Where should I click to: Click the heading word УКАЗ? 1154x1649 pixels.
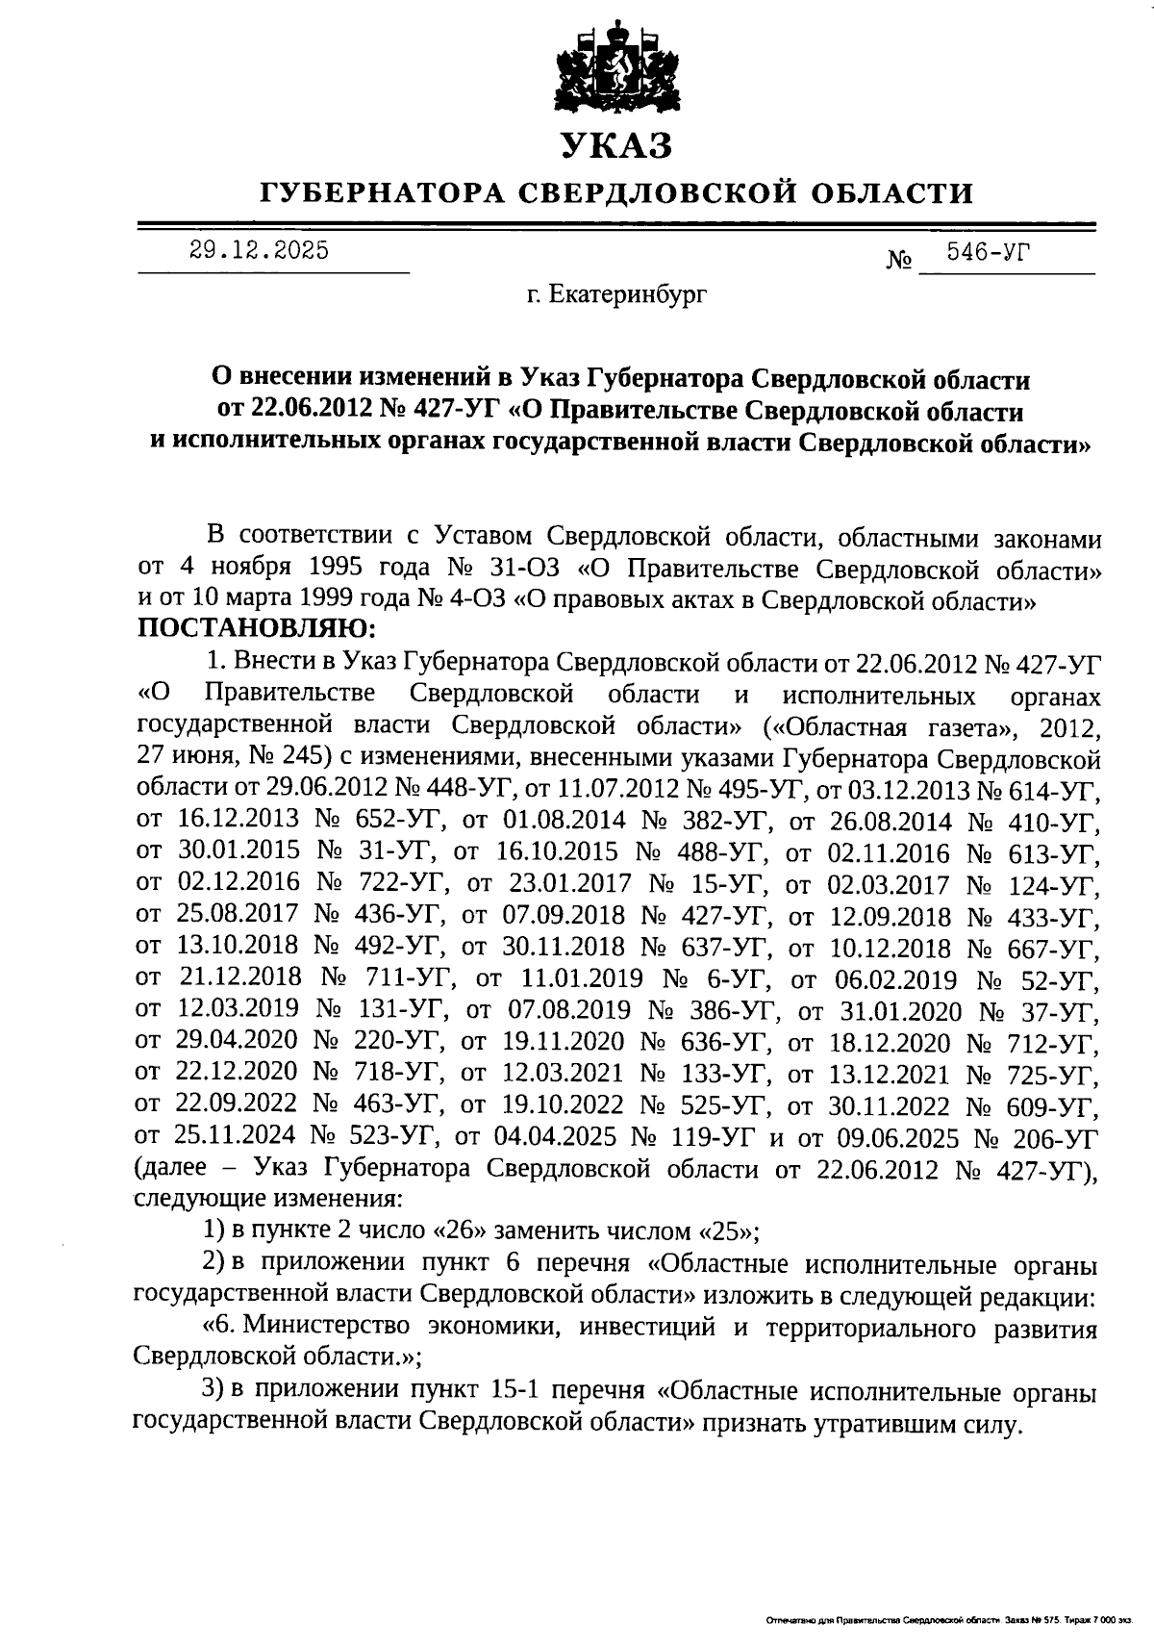pos(616,145)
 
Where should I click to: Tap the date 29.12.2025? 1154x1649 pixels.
pos(259,251)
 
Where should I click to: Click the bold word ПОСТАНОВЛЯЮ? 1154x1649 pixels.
pos(258,631)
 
